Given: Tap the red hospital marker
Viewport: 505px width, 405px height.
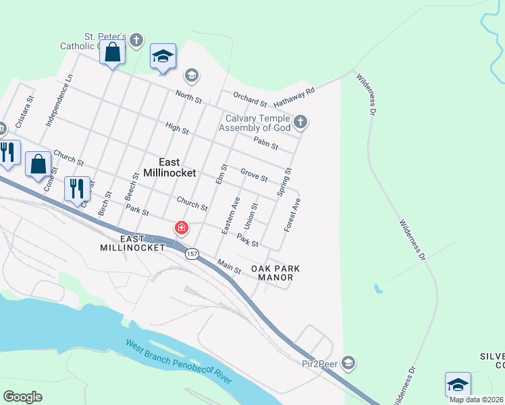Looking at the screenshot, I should (x=181, y=228).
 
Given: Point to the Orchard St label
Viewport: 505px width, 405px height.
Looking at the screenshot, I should (x=250, y=99).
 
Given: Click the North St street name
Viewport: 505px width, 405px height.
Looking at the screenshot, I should (x=188, y=98).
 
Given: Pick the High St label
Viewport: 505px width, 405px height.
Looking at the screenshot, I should (x=176, y=128).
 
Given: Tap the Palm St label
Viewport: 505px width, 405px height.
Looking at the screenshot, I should (x=266, y=142).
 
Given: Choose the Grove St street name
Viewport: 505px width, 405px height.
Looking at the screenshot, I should (x=254, y=175).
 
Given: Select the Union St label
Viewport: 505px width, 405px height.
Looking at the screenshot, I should (x=250, y=215).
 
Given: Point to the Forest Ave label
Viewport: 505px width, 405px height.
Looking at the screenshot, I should (x=292, y=215).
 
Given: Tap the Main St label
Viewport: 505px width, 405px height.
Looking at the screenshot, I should (x=229, y=267).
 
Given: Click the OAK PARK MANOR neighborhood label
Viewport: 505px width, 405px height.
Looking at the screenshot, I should (x=275, y=273).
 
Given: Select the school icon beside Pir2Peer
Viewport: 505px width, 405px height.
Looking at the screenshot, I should (x=348, y=363).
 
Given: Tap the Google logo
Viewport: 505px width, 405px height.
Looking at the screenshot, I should (x=22, y=397).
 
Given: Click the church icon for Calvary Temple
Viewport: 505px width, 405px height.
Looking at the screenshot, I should (x=301, y=122).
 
